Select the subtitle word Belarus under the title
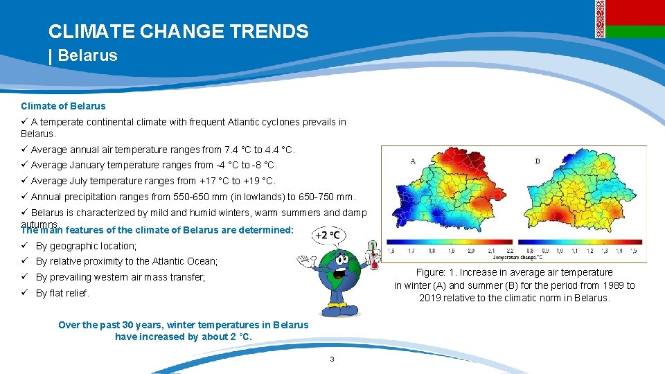[88, 55]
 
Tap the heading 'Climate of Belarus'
[63, 106]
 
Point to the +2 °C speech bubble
[327, 235]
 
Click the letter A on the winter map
[413, 161]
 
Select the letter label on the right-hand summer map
[538, 161]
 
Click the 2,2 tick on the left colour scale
[511, 251]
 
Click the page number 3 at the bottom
[332, 359]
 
